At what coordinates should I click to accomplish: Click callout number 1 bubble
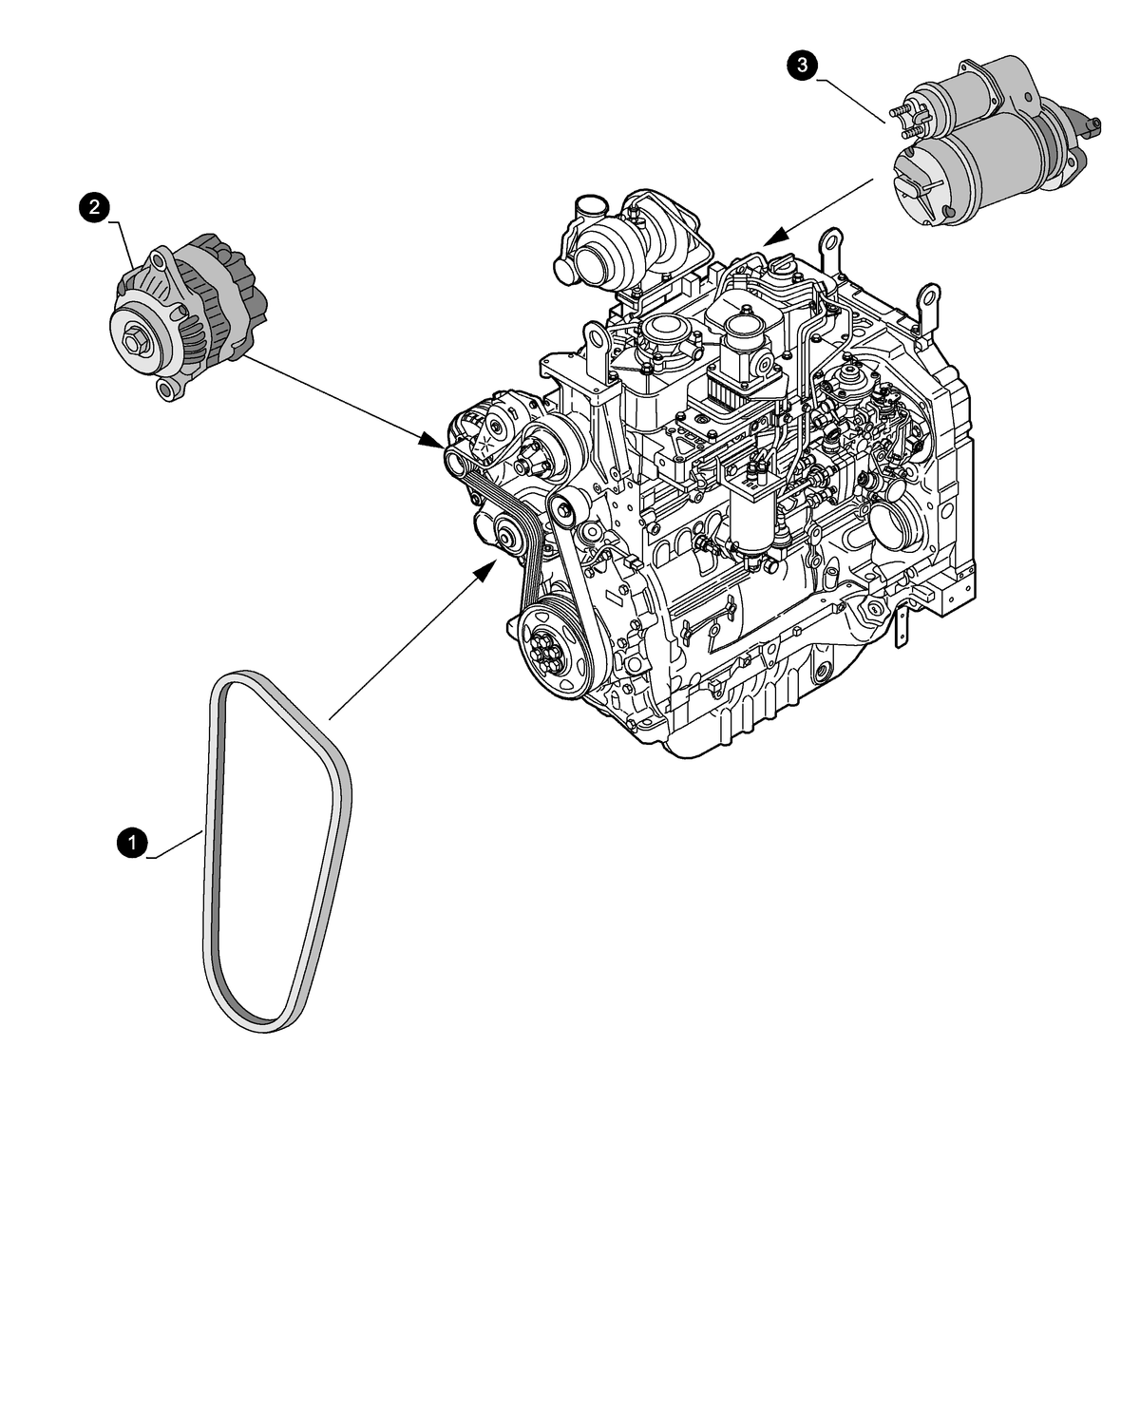click(131, 842)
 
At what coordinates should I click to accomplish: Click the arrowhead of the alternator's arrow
click(433, 441)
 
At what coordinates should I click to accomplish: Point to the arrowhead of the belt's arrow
click(486, 569)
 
